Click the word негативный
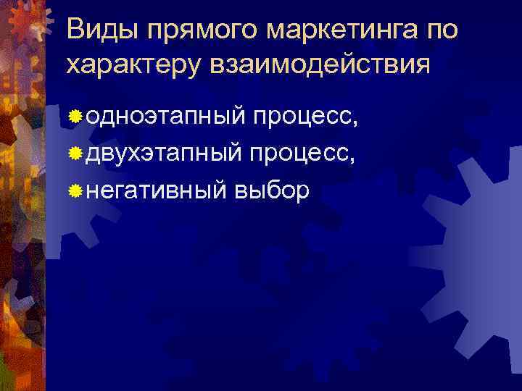pos(157,190)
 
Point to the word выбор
pos(273,190)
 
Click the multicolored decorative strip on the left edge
pos(22,217)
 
